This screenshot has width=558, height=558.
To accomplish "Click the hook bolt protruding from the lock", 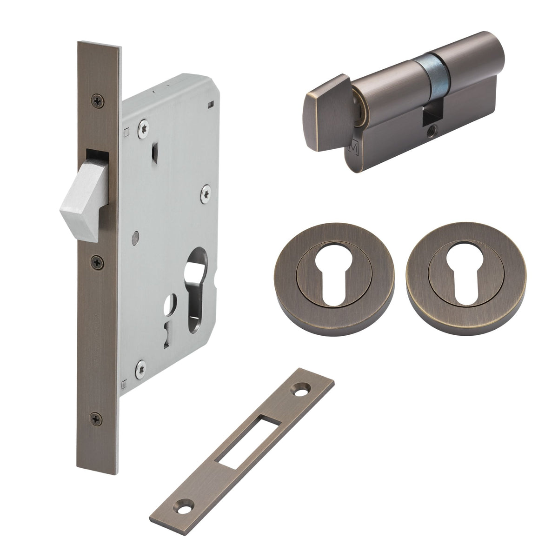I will (x=84, y=205).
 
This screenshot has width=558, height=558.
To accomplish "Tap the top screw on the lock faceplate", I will (x=98, y=100).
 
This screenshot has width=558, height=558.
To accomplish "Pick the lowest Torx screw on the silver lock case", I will (x=140, y=369).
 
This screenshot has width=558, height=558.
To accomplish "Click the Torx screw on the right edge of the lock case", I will (x=205, y=194).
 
